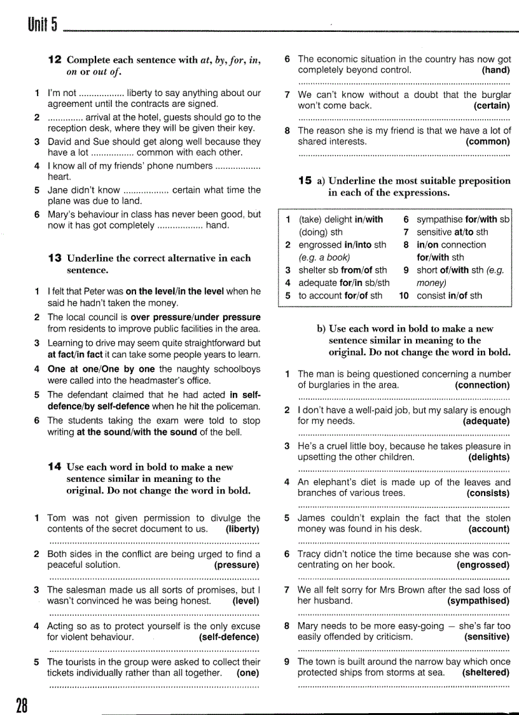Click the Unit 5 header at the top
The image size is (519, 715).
[x=43, y=25]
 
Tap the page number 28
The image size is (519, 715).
[x=21, y=704]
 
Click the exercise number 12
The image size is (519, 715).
[x=55, y=60]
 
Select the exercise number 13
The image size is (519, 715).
[x=55, y=258]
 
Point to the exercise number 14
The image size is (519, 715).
[x=55, y=467]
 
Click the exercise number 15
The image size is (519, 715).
[x=305, y=181]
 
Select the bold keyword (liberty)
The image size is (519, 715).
[x=242, y=528]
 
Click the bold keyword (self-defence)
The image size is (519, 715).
[x=229, y=636]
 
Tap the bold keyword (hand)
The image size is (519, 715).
[x=496, y=70]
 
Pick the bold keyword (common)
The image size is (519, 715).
[x=488, y=141]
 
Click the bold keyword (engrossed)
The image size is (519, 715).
[x=483, y=565]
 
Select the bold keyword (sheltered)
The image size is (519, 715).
[x=486, y=672]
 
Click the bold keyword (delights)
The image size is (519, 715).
[x=489, y=457]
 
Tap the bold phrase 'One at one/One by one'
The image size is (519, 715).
[x=102, y=369]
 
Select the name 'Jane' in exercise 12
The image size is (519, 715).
[x=59, y=190]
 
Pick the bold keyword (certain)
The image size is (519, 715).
[x=492, y=106]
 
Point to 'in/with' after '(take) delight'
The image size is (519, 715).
[x=369, y=220]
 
